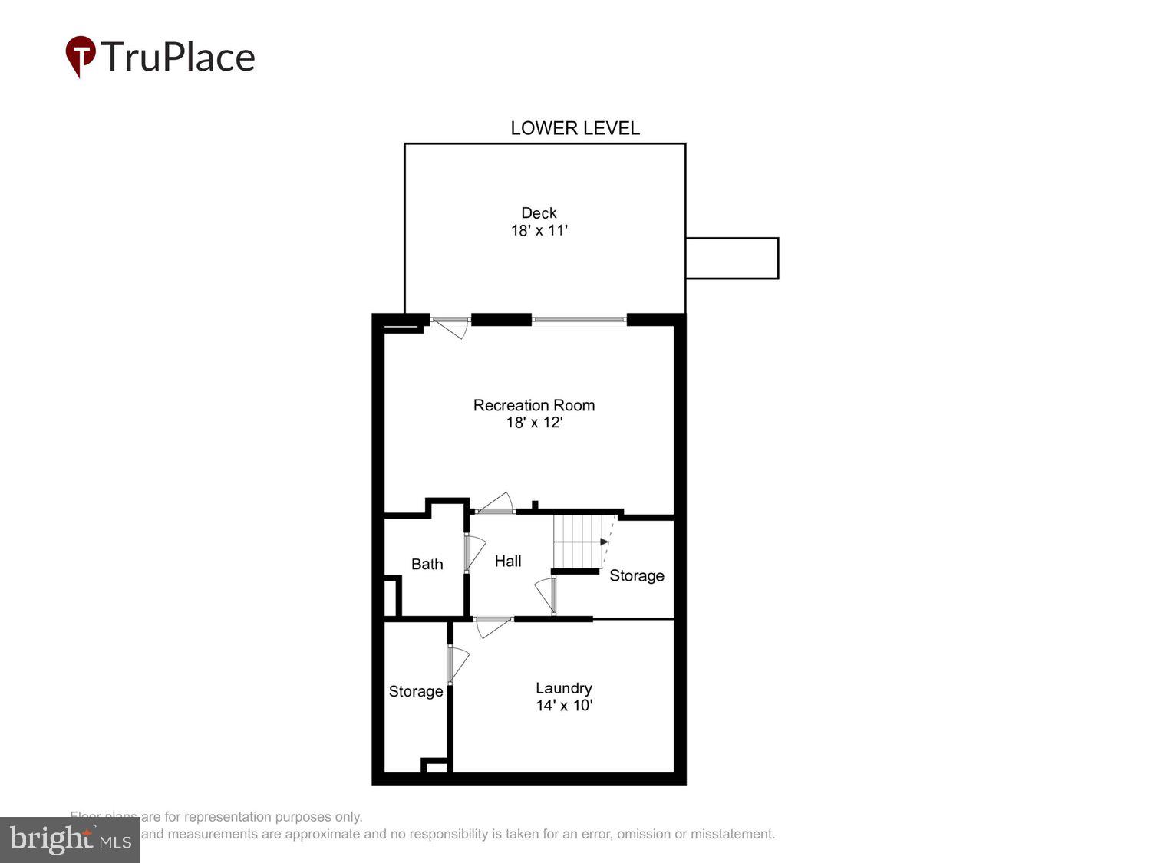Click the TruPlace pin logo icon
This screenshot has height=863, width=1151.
coord(80,55)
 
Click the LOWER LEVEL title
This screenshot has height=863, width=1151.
coord(575,128)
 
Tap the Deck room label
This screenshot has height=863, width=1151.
coord(539,213)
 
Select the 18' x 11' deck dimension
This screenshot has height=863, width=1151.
coord(539,230)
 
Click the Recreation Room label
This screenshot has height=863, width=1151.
coord(533,405)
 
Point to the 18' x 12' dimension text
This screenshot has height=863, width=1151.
coord(533,423)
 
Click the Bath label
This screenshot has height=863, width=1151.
coord(427,565)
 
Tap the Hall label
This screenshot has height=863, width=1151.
coord(507,562)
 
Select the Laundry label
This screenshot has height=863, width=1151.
coord(563,688)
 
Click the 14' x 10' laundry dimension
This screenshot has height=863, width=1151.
coord(563,706)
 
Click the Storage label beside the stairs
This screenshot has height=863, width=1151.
coord(636,575)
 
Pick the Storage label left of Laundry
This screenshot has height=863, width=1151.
coord(415,691)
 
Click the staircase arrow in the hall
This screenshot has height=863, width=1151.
coord(604,542)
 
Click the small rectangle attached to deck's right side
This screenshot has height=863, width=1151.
coord(731,258)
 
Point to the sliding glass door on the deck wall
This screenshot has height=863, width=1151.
coord(579,320)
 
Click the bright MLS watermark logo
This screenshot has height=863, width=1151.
coord(70,839)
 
